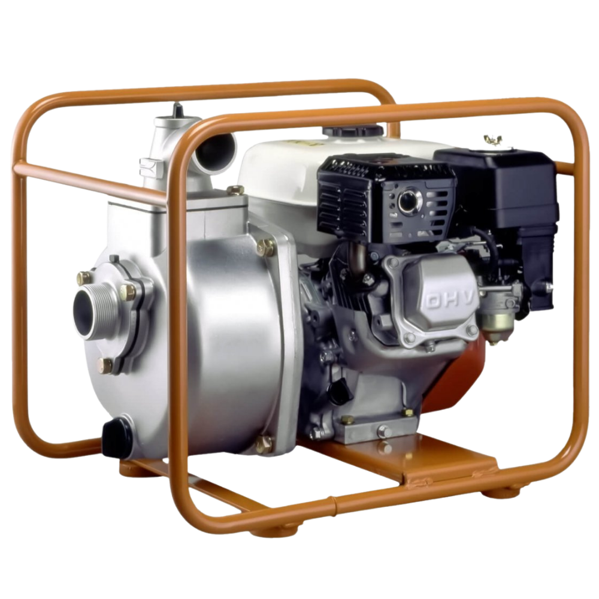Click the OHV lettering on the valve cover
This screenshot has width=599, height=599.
(x=451, y=300)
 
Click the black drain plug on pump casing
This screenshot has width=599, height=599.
(x=117, y=437)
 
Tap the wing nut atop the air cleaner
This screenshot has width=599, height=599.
(x=493, y=140)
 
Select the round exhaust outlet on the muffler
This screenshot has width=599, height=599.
(x=409, y=202)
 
